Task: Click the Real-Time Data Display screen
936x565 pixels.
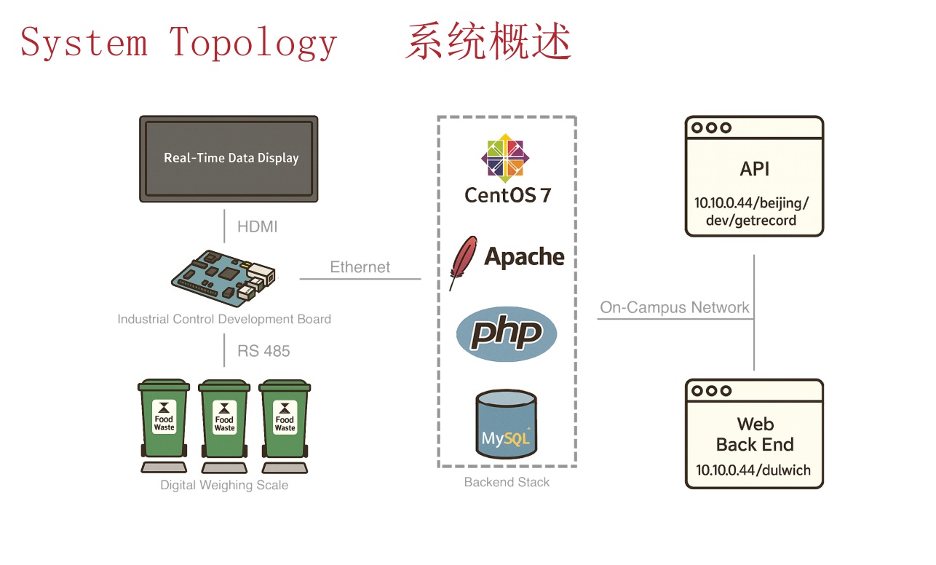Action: click(229, 158)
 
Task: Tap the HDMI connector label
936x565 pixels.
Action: click(257, 227)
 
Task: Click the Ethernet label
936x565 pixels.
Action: click(360, 267)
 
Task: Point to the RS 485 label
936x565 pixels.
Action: click(263, 351)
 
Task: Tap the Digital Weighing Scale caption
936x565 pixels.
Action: click(224, 486)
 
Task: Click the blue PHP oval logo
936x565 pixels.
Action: click(507, 334)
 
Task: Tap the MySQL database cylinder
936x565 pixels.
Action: click(507, 424)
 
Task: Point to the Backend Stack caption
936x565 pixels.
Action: click(507, 482)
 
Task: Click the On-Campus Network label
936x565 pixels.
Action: click(674, 307)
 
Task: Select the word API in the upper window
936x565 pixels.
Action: click(754, 169)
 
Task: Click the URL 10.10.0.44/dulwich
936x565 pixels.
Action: click(753, 470)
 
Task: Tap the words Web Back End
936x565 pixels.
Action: click(755, 434)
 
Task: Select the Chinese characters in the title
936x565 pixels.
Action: click(488, 42)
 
